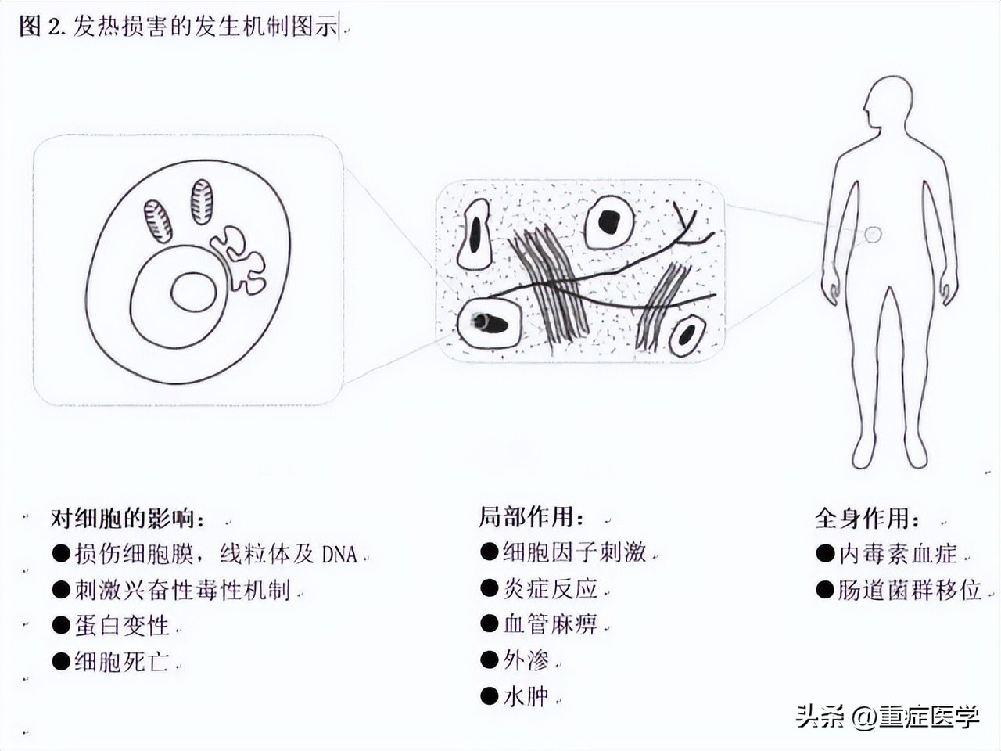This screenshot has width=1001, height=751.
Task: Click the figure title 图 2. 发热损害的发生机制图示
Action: (178, 26)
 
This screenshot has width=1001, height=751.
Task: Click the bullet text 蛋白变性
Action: (122, 626)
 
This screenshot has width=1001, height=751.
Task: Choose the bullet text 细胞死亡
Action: (122, 662)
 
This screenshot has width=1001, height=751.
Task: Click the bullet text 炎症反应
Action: (551, 588)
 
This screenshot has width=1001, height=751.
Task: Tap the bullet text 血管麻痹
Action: (551, 624)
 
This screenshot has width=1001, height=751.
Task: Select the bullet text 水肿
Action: (526, 696)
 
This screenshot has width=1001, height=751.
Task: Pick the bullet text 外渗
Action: (526, 660)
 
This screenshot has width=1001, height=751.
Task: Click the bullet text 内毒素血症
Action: (898, 555)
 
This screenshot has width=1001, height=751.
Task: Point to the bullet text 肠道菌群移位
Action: (910, 591)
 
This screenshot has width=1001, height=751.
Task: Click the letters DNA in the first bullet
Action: (339, 555)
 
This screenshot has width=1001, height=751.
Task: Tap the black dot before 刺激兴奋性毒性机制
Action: (61, 590)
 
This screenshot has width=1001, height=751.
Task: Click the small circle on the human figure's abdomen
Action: (873, 235)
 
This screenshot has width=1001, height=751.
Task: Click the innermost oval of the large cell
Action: (194, 292)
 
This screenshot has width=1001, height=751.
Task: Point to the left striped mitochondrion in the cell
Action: (158, 221)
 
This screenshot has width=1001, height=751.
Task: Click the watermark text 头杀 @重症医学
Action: (888, 717)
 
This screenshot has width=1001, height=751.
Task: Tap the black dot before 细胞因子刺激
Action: (489, 552)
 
